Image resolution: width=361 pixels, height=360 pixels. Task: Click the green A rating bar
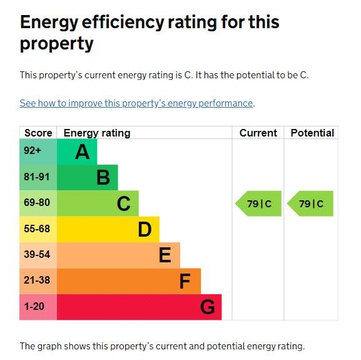(77, 152)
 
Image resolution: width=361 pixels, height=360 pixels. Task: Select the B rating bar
(88, 178)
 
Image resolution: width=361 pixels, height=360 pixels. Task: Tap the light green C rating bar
(98, 203)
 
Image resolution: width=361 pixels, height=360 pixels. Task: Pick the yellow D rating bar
(108, 229)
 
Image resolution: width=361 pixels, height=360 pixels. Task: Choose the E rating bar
(118, 255)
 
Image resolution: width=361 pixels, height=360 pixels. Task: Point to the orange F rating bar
(128, 281)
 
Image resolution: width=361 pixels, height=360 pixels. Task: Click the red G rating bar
(139, 307)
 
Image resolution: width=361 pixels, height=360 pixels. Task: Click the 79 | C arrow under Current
(259, 203)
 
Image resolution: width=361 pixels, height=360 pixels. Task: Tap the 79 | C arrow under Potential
(311, 203)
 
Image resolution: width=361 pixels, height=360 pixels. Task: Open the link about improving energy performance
(136, 103)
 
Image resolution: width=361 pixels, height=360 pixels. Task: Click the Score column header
(38, 133)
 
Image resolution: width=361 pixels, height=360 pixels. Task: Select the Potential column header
(312, 133)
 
